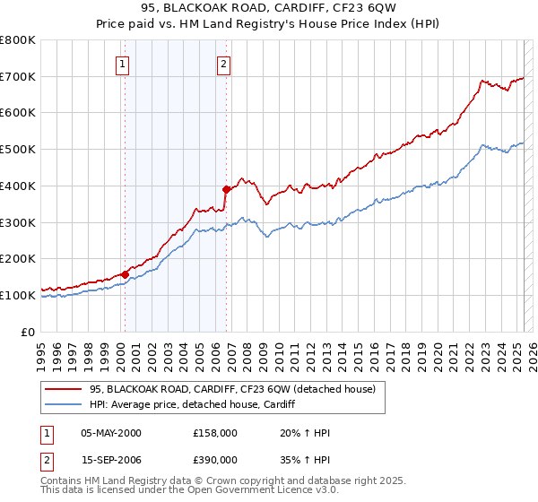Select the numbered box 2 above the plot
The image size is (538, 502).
click(223, 63)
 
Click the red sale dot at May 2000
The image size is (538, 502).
click(125, 274)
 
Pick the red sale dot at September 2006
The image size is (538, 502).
click(227, 189)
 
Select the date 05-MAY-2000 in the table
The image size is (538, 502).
click(111, 434)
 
